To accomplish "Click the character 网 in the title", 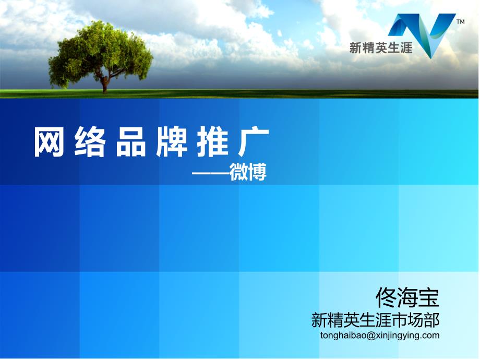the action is pyautogui.click(x=49, y=142).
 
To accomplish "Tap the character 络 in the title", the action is pyautogui.click(x=90, y=142).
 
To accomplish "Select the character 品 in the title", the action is pyautogui.click(x=131, y=142).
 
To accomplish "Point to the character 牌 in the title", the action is pyautogui.click(x=172, y=142).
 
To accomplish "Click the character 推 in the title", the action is pyautogui.click(x=212, y=142).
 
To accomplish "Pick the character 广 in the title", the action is pyautogui.click(x=254, y=142).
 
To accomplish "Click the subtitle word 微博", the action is pyautogui.click(x=248, y=172).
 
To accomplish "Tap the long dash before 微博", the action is pyautogui.click(x=211, y=174).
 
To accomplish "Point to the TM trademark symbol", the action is pyautogui.click(x=460, y=21).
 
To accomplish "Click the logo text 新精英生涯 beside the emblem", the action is pyautogui.click(x=381, y=48).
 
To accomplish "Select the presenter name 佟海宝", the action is pyautogui.click(x=407, y=297).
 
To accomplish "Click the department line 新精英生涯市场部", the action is pyautogui.click(x=375, y=320).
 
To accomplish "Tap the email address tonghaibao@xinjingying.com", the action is pyautogui.click(x=380, y=335).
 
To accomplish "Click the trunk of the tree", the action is pyautogui.click(x=105, y=84).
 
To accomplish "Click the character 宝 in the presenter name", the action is pyautogui.click(x=429, y=297).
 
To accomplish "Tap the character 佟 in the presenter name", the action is pyautogui.click(x=386, y=297).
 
